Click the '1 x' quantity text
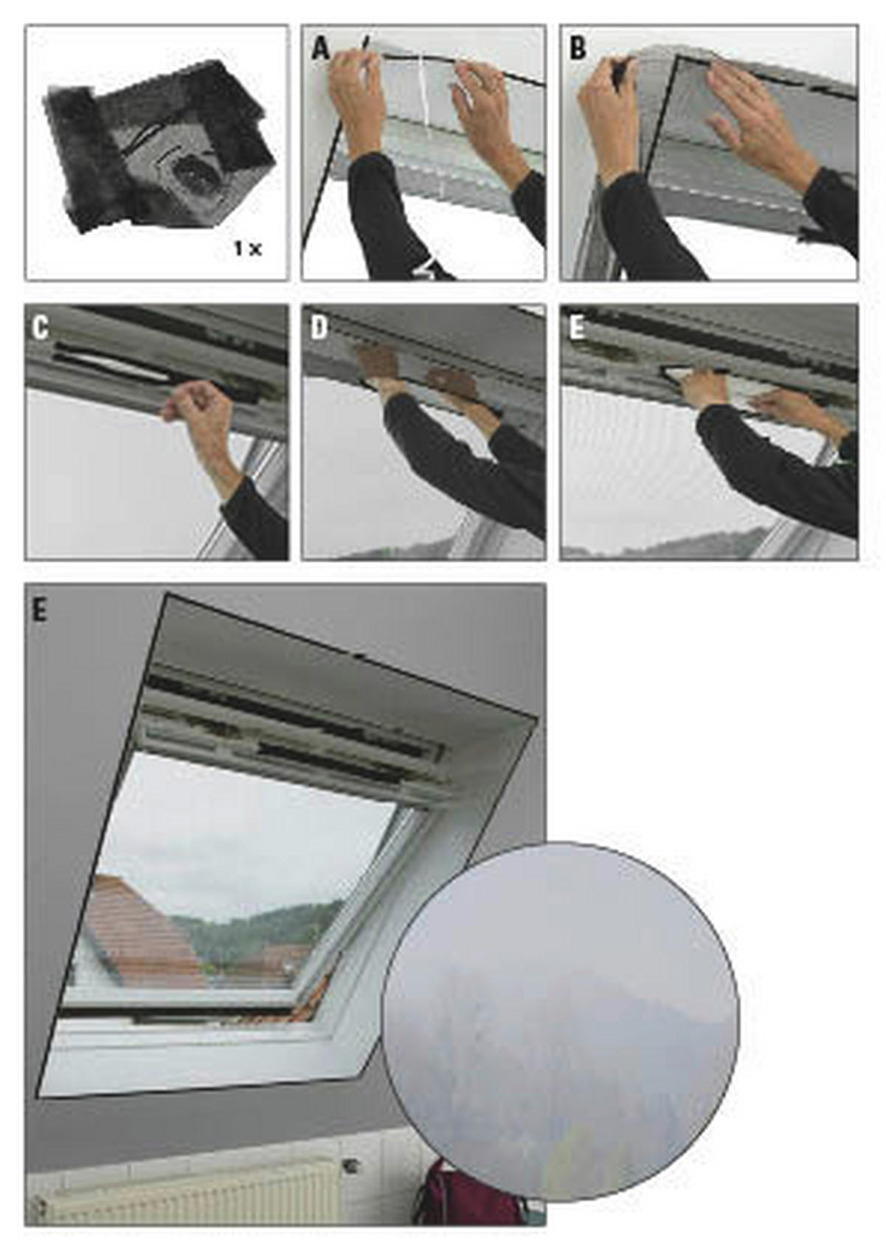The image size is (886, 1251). click(247, 249)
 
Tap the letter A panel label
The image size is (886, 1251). click(320, 49)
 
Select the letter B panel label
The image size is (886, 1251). click(578, 49)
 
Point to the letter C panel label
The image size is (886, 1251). click(41, 329)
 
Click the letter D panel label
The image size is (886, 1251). click(319, 329)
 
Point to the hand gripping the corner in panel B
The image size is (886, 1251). click(606, 111)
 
